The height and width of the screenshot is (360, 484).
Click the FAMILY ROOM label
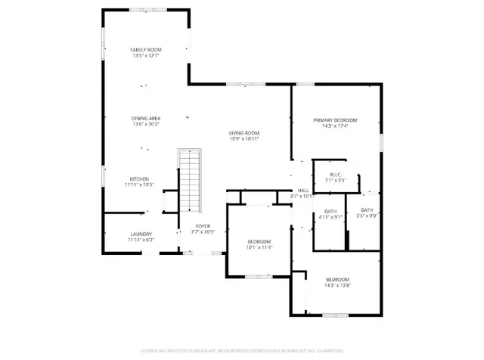point(146,49)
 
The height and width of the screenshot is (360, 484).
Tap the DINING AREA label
point(146,118)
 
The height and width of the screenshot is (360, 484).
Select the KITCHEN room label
point(138,178)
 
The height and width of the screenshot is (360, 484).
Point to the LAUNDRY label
point(141,234)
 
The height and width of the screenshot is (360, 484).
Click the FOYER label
point(203,226)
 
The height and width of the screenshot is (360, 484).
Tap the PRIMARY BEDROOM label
point(335,120)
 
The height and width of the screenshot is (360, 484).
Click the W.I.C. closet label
point(334,175)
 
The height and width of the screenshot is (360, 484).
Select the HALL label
point(302,191)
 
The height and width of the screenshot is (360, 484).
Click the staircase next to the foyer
point(190,182)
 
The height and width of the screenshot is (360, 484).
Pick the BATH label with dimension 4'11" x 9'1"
point(330,211)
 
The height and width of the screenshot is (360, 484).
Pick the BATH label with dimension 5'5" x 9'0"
point(367,210)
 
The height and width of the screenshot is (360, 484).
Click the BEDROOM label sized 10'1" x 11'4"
point(259,241)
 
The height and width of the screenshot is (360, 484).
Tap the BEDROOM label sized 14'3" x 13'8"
point(337,279)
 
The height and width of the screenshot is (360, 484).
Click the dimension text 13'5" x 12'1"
point(146,55)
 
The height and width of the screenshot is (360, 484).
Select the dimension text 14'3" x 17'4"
point(335,126)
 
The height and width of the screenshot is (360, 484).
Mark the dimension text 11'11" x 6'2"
point(141,240)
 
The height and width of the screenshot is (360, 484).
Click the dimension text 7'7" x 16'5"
point(203,231)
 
